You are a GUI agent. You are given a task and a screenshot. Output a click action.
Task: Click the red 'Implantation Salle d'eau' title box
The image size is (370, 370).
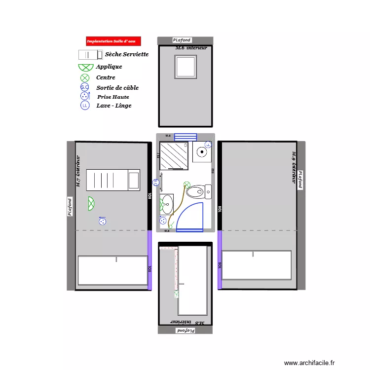[113, 41]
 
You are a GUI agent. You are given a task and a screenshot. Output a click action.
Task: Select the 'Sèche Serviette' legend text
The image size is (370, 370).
[127, 54]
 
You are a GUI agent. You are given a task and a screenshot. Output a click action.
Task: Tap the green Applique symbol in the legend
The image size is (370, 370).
[85, 67]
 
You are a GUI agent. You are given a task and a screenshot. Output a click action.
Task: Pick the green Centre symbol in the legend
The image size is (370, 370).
[85, 77]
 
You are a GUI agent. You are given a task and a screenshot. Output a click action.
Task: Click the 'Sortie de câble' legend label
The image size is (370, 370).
[117, 88]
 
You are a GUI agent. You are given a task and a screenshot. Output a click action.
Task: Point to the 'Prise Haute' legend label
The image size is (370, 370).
[113, 97]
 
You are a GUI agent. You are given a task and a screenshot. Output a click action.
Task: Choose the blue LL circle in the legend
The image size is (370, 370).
[85, 106]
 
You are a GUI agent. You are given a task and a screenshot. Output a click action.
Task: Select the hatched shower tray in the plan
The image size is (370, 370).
[174, 155]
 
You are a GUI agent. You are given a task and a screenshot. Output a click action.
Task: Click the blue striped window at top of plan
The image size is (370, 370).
[185, 137]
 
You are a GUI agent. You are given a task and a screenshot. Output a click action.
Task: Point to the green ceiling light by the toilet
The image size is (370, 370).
[186, 185]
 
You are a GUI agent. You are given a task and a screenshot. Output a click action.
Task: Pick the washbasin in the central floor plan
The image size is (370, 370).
[167, 202]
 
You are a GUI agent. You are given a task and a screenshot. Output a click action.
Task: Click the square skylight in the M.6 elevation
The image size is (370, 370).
[185, 67]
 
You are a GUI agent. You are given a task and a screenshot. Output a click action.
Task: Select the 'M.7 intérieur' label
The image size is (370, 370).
[78, 171]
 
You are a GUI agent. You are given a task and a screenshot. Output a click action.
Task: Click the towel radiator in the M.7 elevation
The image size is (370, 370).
[113, 180]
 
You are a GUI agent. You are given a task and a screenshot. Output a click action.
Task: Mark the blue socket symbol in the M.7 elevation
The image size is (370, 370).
[103, 221]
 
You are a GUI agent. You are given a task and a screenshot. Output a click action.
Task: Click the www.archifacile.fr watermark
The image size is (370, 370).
[309, 363]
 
